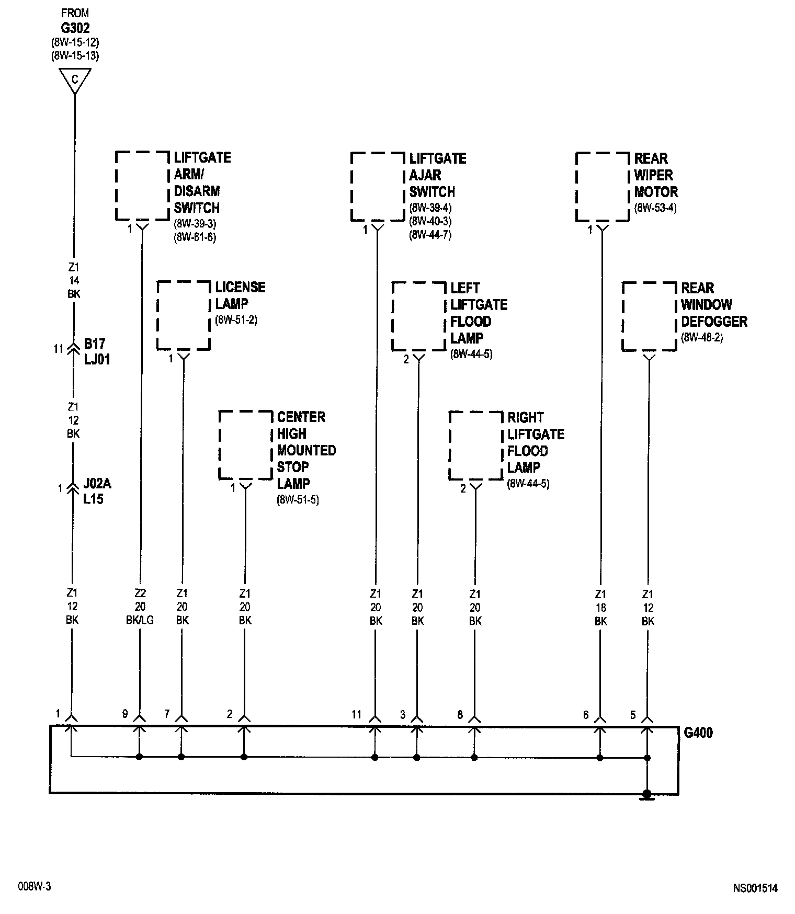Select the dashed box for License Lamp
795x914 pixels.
184,315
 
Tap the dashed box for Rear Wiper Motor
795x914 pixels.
602,187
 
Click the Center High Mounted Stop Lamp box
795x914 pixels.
245,445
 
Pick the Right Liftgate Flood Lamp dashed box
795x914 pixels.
475,445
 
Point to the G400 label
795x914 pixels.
698,733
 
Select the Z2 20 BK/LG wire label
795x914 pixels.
140,607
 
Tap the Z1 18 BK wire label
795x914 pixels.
600,608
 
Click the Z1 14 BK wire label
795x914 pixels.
74,281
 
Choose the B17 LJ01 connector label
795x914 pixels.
97,351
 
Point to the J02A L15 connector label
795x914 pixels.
97,492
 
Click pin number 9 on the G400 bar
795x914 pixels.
125,714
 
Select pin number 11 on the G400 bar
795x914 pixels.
357,714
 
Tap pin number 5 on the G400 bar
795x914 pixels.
633,714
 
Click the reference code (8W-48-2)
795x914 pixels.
702,338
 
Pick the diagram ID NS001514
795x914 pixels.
755,888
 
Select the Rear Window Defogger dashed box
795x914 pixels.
649,316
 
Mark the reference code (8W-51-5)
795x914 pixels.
298,500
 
